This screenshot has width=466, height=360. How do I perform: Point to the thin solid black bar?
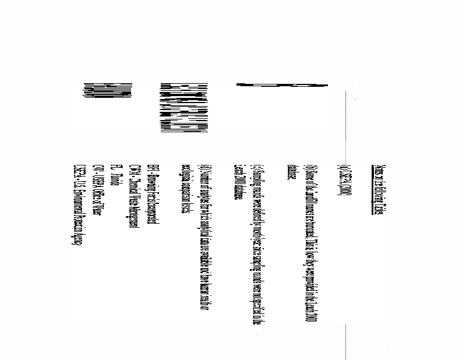pos(282,86)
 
